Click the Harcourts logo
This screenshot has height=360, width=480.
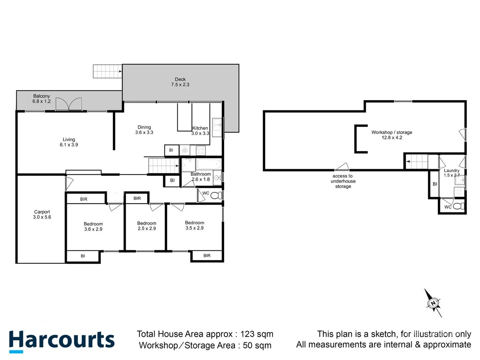click(x=62, y=341)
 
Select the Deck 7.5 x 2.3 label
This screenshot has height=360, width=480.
click(x=180, y=82)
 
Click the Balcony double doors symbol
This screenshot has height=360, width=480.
click(x=68, y=104)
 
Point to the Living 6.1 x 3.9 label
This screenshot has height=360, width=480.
click(x=69, y=142)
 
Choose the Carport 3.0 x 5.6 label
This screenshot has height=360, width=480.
click(x=42, y=214)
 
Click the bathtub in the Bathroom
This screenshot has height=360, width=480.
click(x=209, y=164)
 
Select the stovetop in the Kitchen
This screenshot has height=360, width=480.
click(x=201, y=151)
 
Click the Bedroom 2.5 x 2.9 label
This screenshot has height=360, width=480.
click(x=147, y=226)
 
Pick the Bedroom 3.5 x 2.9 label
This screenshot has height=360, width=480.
click(x=194, y=225)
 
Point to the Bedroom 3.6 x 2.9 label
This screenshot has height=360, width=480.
click(x=93, y=226)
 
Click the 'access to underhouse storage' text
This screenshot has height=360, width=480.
click(x=343, y=181)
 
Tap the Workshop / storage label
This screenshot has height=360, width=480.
click(x=392, y=135)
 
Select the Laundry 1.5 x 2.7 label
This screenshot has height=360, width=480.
click(x=452, y=173)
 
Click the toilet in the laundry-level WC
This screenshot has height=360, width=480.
click(x=459, y=206)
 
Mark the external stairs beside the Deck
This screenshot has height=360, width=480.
click(x=107, y=71)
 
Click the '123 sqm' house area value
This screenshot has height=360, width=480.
click(x=257, y=334)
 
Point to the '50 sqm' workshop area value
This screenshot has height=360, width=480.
click(x=257, y=345)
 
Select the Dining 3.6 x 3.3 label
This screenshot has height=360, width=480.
click(x=144, y=130)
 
